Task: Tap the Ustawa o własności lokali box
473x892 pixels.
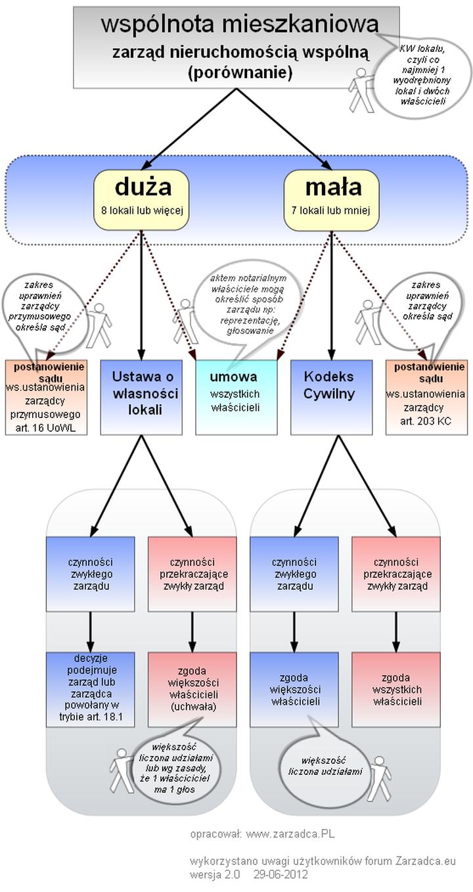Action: coord(141,397)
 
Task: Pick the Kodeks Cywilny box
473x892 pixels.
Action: coord(331,397)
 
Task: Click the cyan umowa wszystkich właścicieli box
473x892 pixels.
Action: coord(236,397)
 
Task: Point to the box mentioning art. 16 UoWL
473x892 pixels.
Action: coord(45,397)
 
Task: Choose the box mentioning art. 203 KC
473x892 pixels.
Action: coord(426,397)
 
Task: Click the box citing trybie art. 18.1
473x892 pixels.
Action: coord(91,689)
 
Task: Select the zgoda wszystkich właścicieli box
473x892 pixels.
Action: coord(396,689)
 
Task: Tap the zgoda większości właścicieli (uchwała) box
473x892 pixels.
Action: coord(192,689)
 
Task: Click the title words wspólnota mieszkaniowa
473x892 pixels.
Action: coord(240,24)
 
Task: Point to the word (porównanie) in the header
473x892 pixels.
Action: coord(240,72)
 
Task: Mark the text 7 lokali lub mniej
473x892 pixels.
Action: coord(332,211)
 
